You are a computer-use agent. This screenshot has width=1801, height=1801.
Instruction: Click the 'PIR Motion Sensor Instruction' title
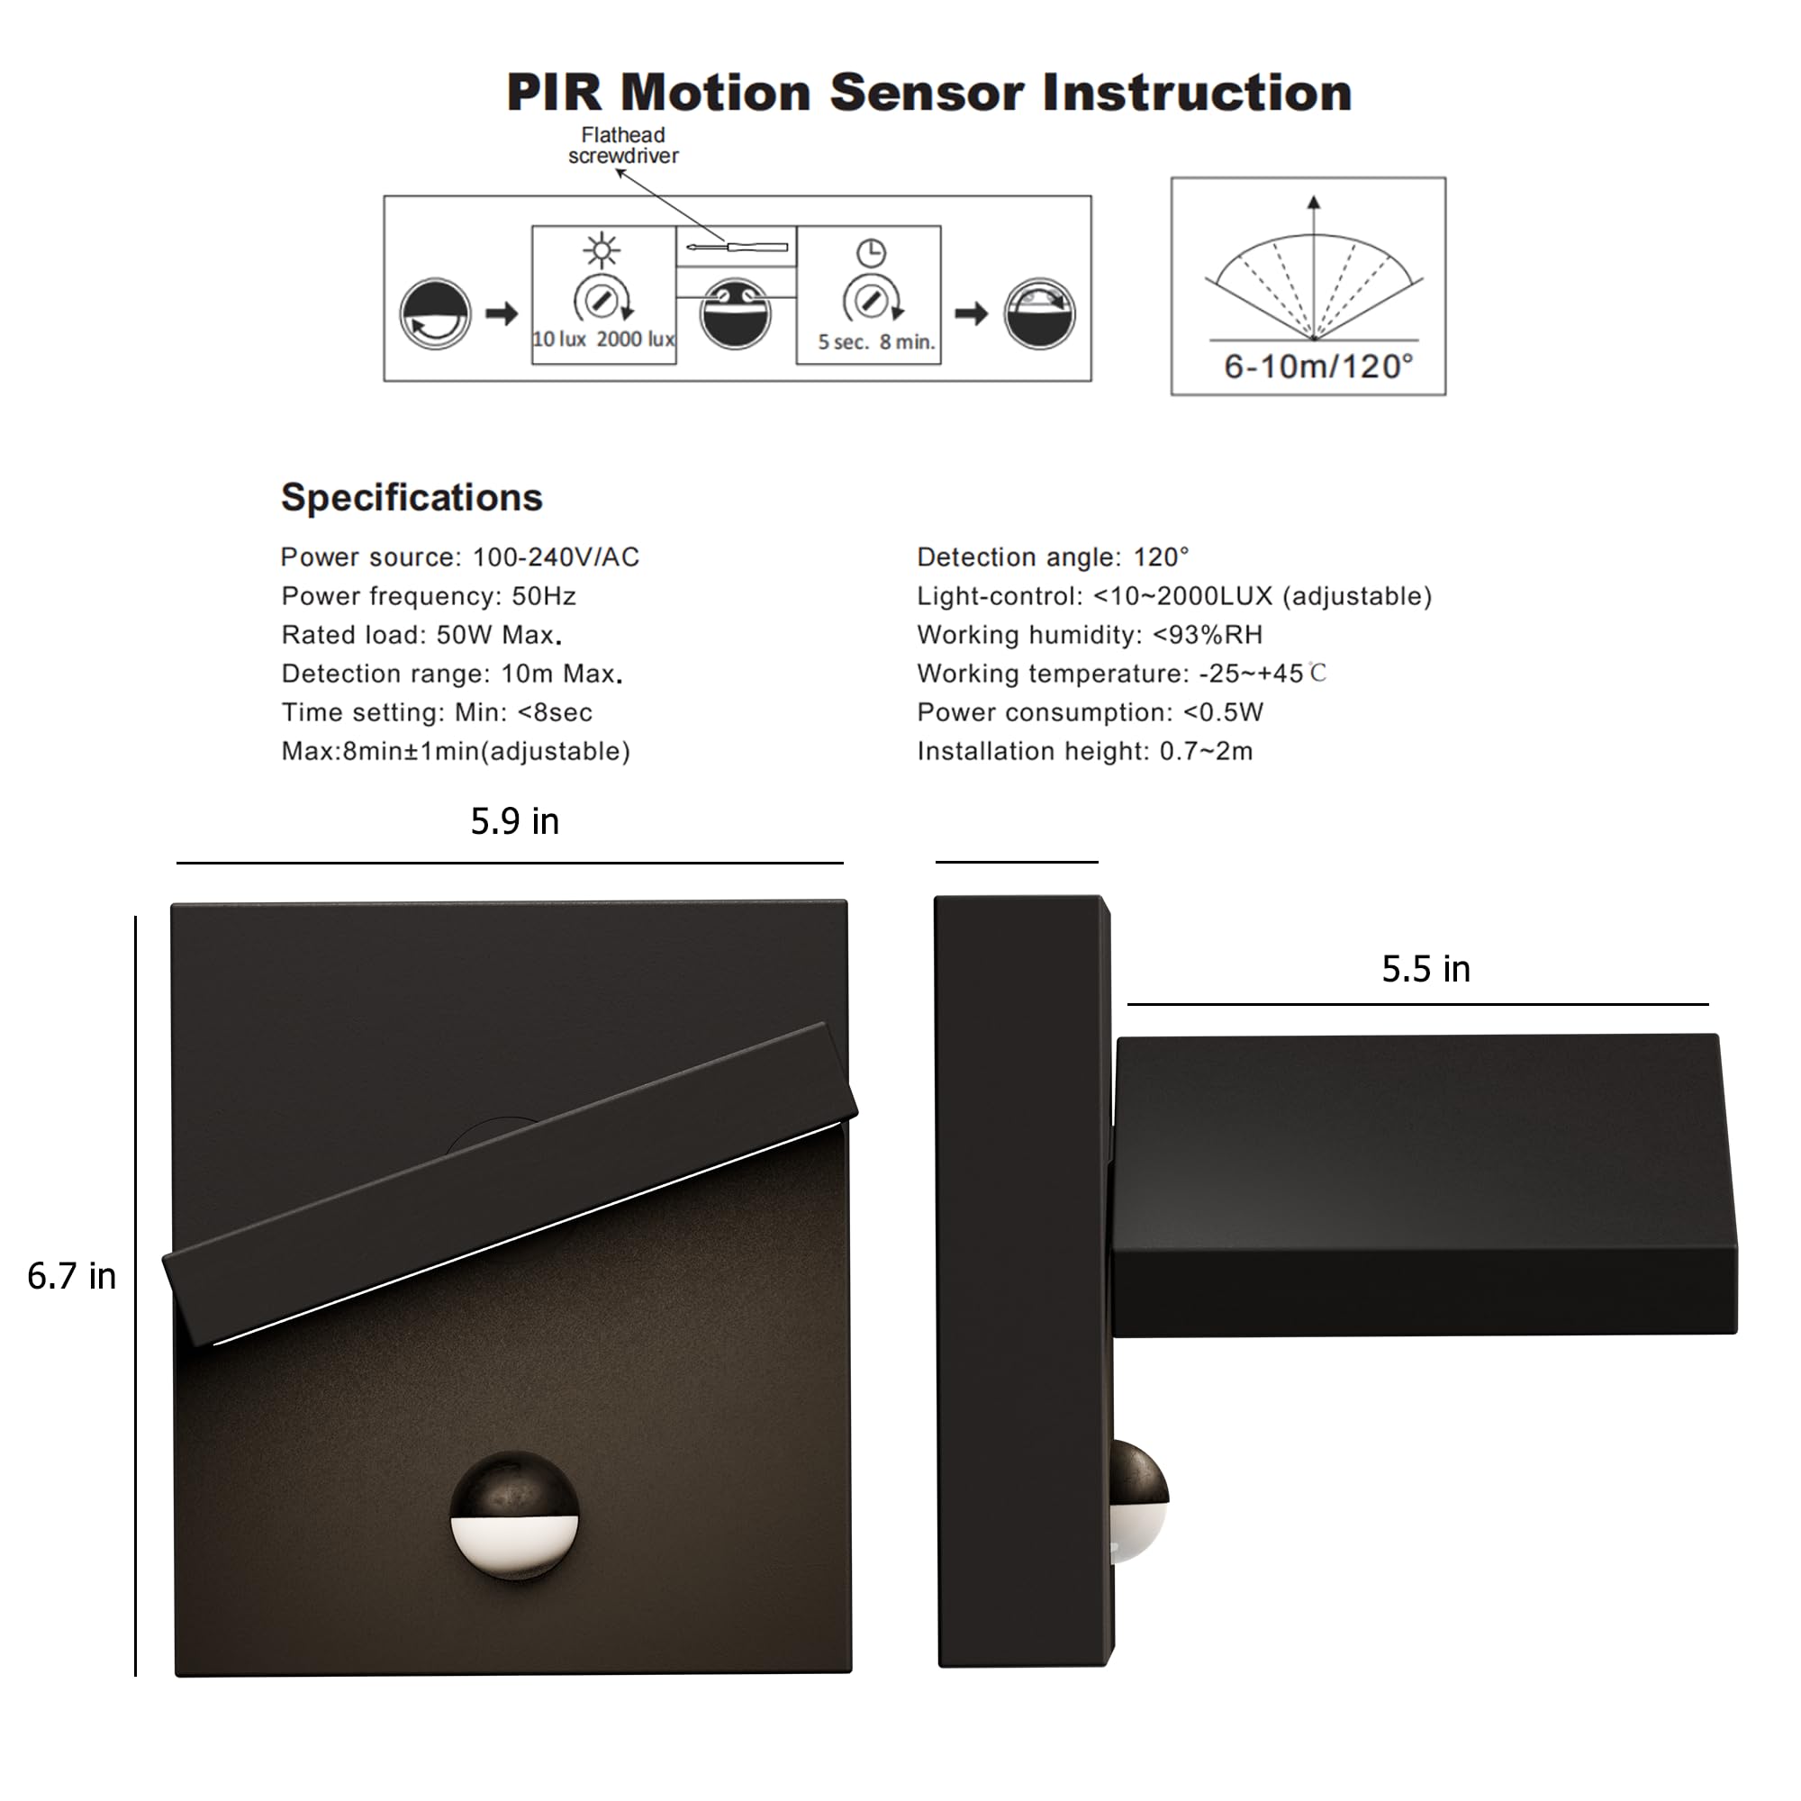point(928,94)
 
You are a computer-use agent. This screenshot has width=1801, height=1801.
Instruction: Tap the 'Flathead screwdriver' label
point(623,145)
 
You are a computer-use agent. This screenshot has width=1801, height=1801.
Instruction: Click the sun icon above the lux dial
point(602,249)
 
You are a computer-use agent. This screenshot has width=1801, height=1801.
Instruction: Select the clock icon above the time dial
point(871,253)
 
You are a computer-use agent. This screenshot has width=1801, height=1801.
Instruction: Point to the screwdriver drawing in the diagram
point(737,247)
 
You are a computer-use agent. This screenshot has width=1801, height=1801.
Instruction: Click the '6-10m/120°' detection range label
point(1318,367)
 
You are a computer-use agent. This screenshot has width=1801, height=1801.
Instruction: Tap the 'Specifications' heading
point(412,497)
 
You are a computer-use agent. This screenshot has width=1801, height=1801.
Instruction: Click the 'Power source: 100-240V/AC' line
point(459,557)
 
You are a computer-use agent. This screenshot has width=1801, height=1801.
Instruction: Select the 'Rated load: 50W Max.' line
point(421,635)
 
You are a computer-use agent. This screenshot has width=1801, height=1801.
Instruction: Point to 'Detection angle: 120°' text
point(1053,557)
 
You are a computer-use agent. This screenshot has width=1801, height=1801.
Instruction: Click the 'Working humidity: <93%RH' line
point(1089,635)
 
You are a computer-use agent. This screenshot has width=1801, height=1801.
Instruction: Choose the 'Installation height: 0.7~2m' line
point(1084,750)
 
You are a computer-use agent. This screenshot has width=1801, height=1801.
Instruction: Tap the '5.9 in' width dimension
point(514,821)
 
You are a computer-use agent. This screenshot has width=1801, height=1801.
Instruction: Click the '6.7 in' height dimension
point(72,1276)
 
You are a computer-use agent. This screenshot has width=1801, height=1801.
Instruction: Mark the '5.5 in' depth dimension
point(1425,970)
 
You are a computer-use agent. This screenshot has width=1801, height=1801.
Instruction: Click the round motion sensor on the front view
point(514,1515)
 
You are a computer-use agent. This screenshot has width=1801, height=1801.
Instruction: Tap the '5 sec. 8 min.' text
point(875,342)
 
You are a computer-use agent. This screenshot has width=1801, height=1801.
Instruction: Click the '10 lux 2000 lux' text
point(603,339)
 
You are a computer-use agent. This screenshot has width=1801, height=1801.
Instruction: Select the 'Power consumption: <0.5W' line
point(1090,712)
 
